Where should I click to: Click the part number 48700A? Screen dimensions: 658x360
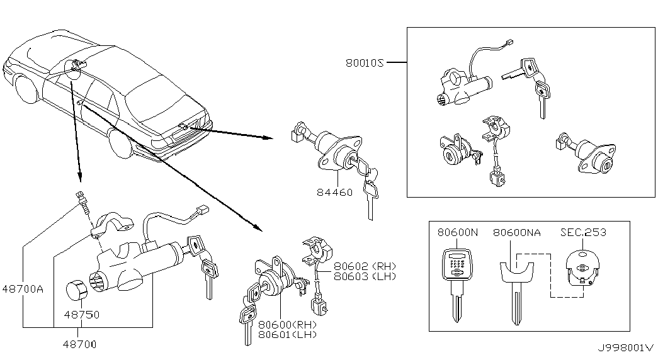23,289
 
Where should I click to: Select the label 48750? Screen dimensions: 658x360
82,314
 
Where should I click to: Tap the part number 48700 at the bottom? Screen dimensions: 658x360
80,344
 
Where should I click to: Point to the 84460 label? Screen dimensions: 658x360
334,193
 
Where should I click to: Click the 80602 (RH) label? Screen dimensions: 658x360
365,266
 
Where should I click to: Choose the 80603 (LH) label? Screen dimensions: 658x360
365,276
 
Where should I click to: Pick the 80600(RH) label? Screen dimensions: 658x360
288,324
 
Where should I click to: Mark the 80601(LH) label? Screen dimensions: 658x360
288,334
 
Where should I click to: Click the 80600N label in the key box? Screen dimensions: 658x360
457,232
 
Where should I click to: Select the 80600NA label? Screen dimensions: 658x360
516,232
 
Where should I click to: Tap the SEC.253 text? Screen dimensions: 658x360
583,232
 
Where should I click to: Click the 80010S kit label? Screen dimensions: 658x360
365,63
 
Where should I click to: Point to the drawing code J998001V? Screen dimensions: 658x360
626,347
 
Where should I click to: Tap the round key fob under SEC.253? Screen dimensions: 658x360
582,267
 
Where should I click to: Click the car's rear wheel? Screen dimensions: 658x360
122,143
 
